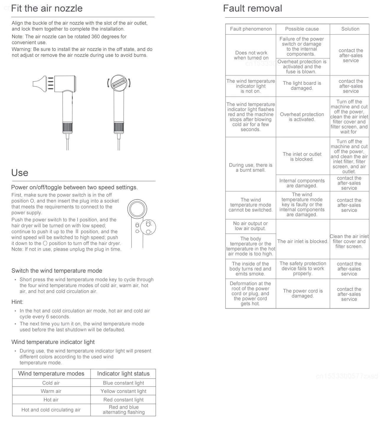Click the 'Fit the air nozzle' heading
click(x=47, y=8)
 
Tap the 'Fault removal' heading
click(x=252, y=8)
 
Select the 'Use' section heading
click(x=20, y=173)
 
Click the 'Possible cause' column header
click(x=302, y=29)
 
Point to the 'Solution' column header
click(x=350, y=29)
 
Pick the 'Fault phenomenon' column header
click(x=251, y=29)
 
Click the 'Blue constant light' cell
click(x=123, y=383)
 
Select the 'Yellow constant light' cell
click(x=123, y=391)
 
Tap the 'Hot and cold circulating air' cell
click(x=51, y=410)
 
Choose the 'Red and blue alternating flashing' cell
click(x=124, y=410)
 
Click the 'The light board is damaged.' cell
click(x=302, y=86)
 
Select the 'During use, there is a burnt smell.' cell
click(x=251, y=167)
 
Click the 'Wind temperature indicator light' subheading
click(x=53, y=342)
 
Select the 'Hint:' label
click(x=17, y=302)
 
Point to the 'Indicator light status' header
click(x=123, y=374)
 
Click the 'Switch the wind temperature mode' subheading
click(x=57, y=271)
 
